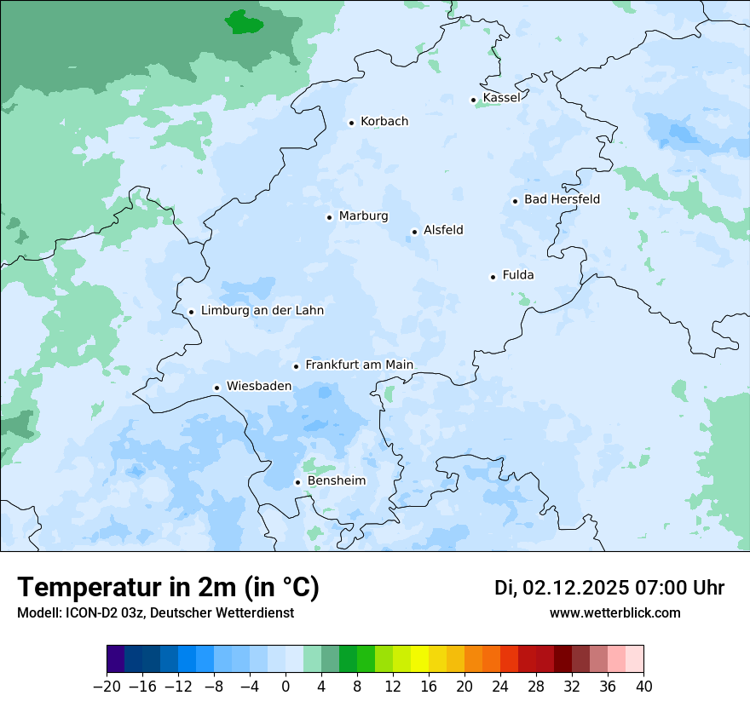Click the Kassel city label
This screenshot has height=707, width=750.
[x=501, y=98]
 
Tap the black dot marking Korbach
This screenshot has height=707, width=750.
[x=351, y=123]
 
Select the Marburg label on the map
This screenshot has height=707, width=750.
[x=363, y=216]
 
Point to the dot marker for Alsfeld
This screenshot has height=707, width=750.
[x=414, y=232]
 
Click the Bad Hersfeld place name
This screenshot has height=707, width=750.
[x=562, y=200]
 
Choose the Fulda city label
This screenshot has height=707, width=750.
[x=518, y=275]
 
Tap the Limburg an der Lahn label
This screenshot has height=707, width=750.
[x=262, y=311]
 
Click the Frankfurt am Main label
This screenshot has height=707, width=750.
[x=359, y=365]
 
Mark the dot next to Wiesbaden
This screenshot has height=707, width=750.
[x=217, y=388]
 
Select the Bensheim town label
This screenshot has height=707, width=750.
[x=336, y=481]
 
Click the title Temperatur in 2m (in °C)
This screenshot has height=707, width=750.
[x=168, y=588]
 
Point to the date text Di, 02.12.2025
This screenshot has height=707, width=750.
[x=562, y=588]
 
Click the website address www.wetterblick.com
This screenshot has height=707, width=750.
[x=614, y=613]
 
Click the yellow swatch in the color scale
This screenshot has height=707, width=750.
[x=419, y=659]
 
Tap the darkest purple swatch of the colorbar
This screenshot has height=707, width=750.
[x=116, y=659]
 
